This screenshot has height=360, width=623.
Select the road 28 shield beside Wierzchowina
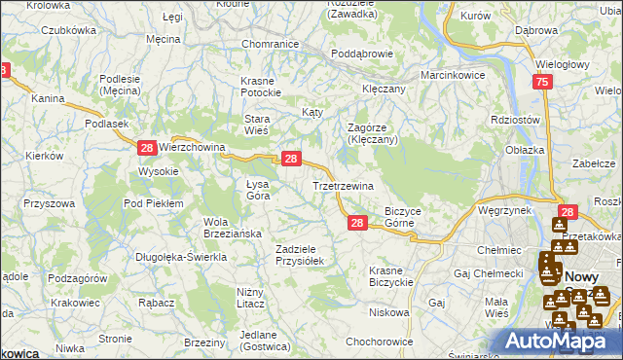(x=146, y=148)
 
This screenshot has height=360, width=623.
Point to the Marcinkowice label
(x=453, y=75)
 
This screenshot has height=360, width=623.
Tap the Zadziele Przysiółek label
(x=304, y=255)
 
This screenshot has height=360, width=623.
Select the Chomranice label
(x=269, y=44)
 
